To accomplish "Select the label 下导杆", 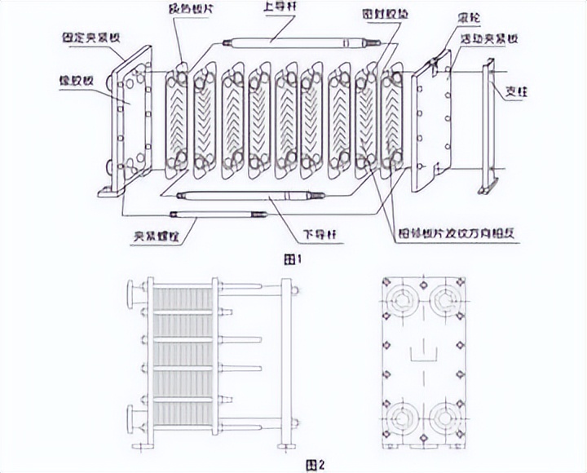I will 320,236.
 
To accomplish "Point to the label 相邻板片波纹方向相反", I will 461,234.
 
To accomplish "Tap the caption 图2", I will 314,465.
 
